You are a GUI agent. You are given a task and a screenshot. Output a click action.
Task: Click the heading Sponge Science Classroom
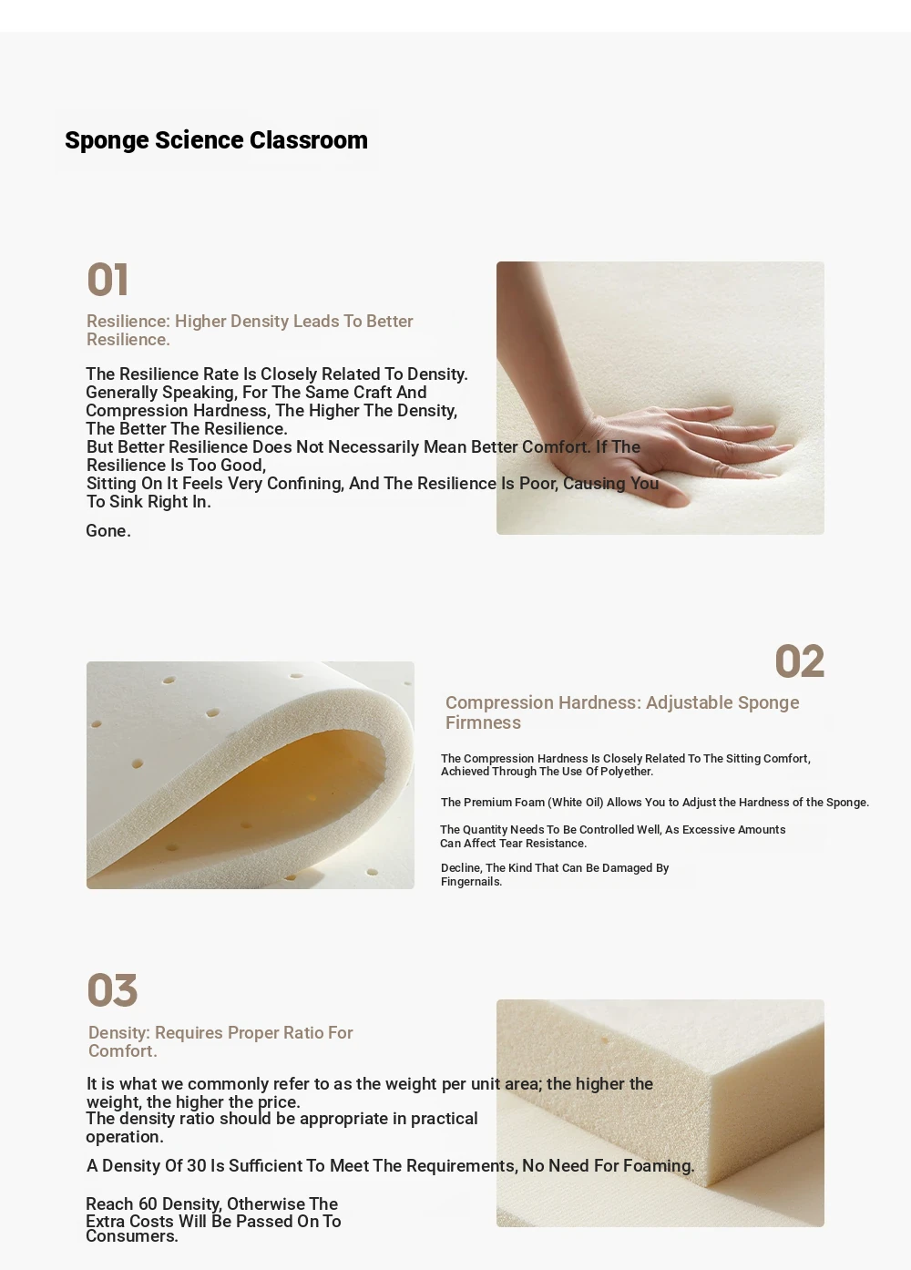coord(216,140)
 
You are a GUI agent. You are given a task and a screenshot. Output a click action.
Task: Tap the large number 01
coord(107,280)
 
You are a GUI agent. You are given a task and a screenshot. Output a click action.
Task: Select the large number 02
coord(799,661)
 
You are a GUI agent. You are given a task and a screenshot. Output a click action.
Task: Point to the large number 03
coord(112,990)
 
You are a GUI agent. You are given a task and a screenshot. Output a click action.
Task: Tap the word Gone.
coord(108,530)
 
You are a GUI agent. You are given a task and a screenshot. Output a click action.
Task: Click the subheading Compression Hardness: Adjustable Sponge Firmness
coord(622,712)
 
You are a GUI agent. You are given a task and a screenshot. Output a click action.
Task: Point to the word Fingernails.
coord(472,882)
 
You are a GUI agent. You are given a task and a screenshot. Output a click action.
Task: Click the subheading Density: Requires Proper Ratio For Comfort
coord(220,1041)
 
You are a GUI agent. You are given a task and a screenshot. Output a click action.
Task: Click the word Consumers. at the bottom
coord(132,1236)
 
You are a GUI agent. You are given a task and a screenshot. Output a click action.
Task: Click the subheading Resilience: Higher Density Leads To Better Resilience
coord(250,330)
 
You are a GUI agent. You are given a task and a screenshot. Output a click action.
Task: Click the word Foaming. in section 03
coord(659,1165)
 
